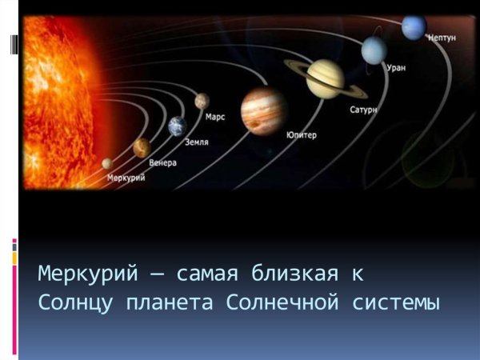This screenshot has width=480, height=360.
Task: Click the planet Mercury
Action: point(106,163)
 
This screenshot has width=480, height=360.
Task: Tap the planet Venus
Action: point(142,146)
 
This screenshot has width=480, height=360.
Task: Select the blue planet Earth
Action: point(177,126)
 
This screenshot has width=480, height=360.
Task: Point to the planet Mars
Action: point(202,101)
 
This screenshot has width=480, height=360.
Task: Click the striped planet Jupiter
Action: point(264,110)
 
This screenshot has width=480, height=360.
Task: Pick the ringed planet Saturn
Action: point(325,78)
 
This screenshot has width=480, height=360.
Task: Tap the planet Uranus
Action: point(374,50)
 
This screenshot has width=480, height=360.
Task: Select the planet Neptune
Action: point(414,27)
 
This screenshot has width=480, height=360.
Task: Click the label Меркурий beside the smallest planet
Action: point(126,178)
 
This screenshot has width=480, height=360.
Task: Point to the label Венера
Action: point(162,162)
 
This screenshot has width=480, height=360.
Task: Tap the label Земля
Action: point(198,142)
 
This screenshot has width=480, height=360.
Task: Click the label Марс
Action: point(215,117)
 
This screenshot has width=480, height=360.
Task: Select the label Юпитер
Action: point(302,135)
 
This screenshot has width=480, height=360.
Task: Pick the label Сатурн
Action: point(363,108)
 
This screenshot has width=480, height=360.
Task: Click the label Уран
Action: point(396,68)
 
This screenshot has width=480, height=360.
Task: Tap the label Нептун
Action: point(443,38)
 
